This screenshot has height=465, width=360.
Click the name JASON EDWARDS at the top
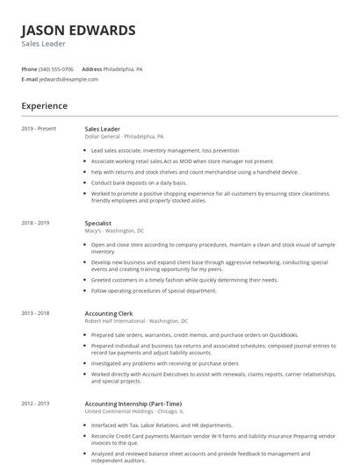[79, 31]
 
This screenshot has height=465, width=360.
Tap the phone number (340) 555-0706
[57, 68]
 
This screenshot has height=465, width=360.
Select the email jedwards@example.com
[68, 79]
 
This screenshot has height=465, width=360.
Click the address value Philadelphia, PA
[124, 68]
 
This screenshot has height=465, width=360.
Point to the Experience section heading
[45, 106]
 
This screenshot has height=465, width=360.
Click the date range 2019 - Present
[39, 129]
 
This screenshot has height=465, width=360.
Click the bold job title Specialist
[97, 224]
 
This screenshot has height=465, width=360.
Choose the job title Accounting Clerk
[107, 313]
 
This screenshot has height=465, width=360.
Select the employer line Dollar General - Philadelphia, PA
[124, 137]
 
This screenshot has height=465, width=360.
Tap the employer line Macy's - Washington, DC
[114, 231]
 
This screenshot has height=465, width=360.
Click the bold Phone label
[29, 68]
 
